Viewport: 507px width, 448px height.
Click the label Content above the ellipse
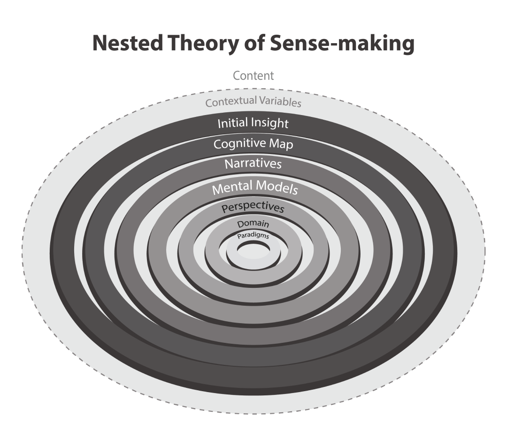tap(253, 76)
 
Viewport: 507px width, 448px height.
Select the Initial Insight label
tap(253, 124)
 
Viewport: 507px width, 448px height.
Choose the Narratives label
tap(253, 164)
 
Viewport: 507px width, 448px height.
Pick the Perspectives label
tap(253, 207)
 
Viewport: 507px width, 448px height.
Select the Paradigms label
tap(253, 236)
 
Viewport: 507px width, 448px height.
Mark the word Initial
tap(232, 124)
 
